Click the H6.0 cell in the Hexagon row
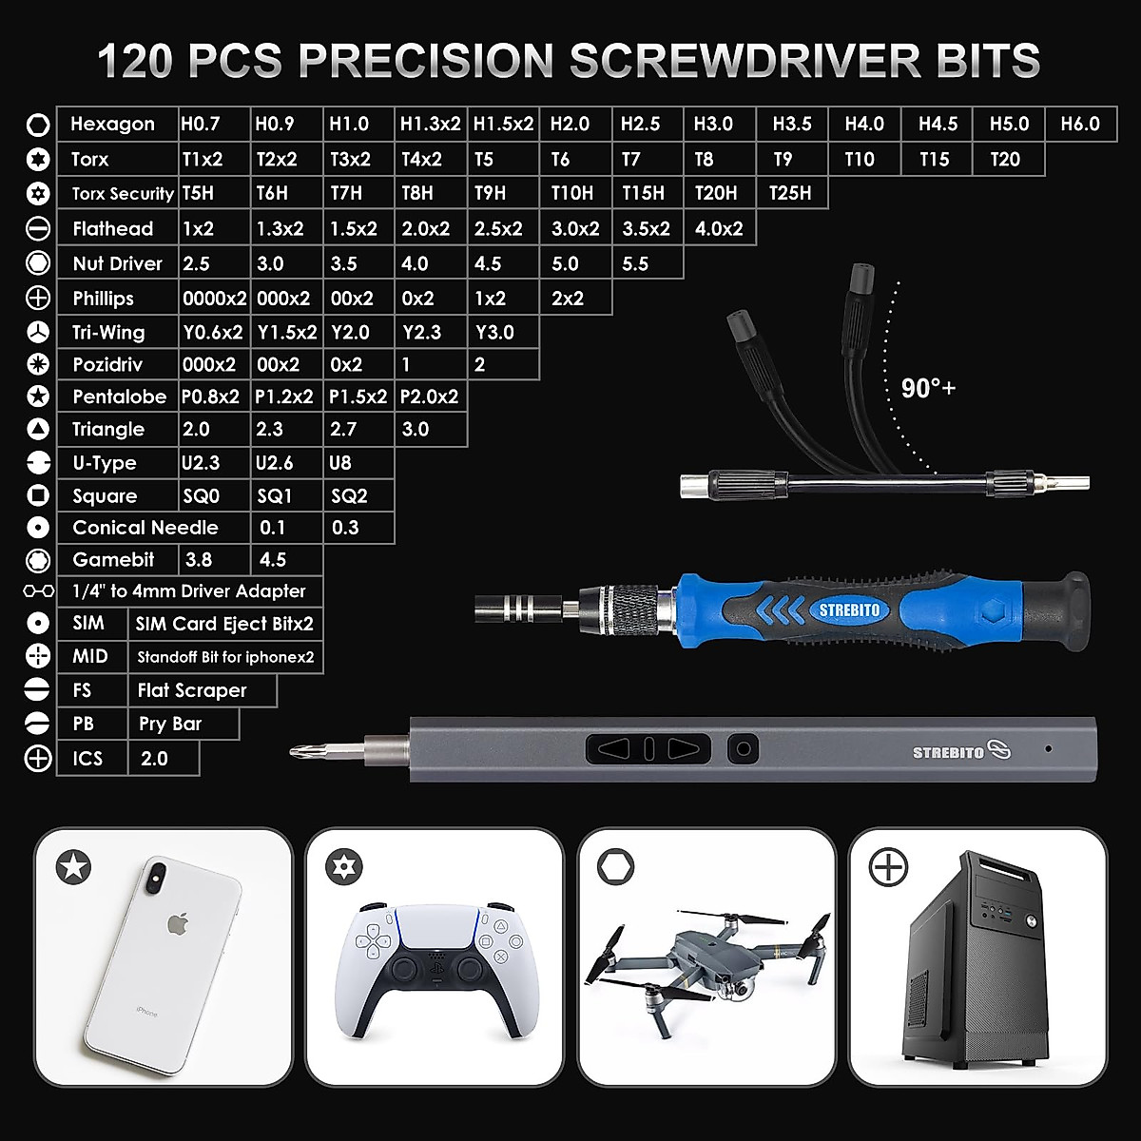[x=1080, y=125]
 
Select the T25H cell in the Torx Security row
[x=790, y=193]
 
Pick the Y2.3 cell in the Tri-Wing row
[x=421, y=332]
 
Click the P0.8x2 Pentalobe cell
[x=210, y=396]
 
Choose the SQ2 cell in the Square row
[x=349, y=495]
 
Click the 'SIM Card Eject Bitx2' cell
[x=224, y=624]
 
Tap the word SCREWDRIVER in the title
[x=745, y=61]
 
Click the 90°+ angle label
[x=928, y=388]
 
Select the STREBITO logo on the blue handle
[x=849, y=610]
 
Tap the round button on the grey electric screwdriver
[x=744, y=749]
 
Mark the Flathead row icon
[x=38, y=228]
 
